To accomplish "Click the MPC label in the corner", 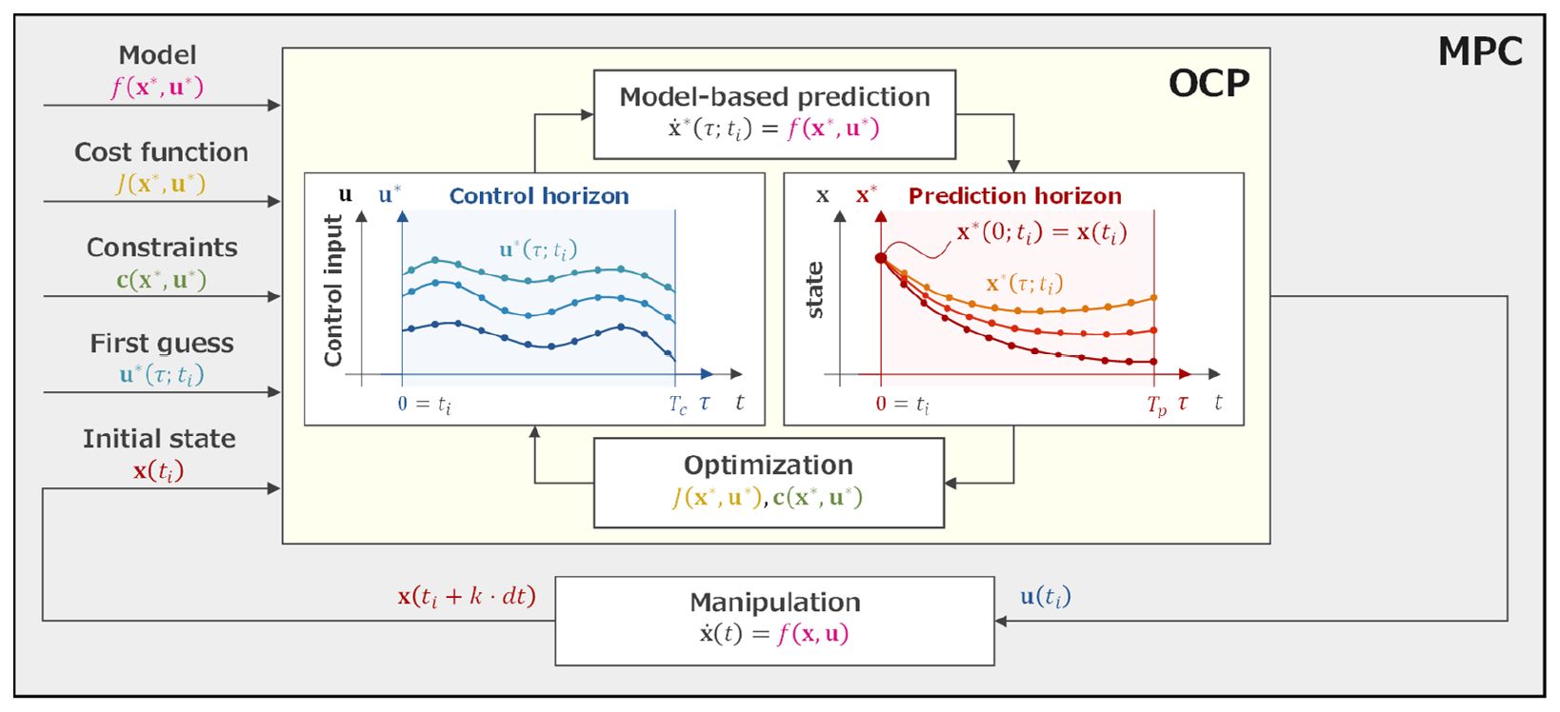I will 1479,51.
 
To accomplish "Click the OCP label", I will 1208,84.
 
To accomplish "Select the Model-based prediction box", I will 774,113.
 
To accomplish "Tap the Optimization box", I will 768,482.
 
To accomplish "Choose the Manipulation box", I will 774,619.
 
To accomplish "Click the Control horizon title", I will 539,196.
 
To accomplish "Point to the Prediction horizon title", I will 1014,196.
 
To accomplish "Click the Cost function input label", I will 161,152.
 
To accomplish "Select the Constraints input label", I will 162,247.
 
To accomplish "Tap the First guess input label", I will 162,344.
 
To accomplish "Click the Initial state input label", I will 159,439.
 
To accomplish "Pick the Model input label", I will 157,55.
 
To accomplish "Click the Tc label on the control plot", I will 677,405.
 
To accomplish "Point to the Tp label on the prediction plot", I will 1156,405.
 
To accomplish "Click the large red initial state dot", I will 881,258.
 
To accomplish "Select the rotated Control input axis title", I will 332,290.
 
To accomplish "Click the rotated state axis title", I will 814,290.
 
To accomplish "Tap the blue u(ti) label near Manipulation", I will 1046,597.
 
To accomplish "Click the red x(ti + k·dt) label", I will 467,597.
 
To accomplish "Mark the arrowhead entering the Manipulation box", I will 1001,622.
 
